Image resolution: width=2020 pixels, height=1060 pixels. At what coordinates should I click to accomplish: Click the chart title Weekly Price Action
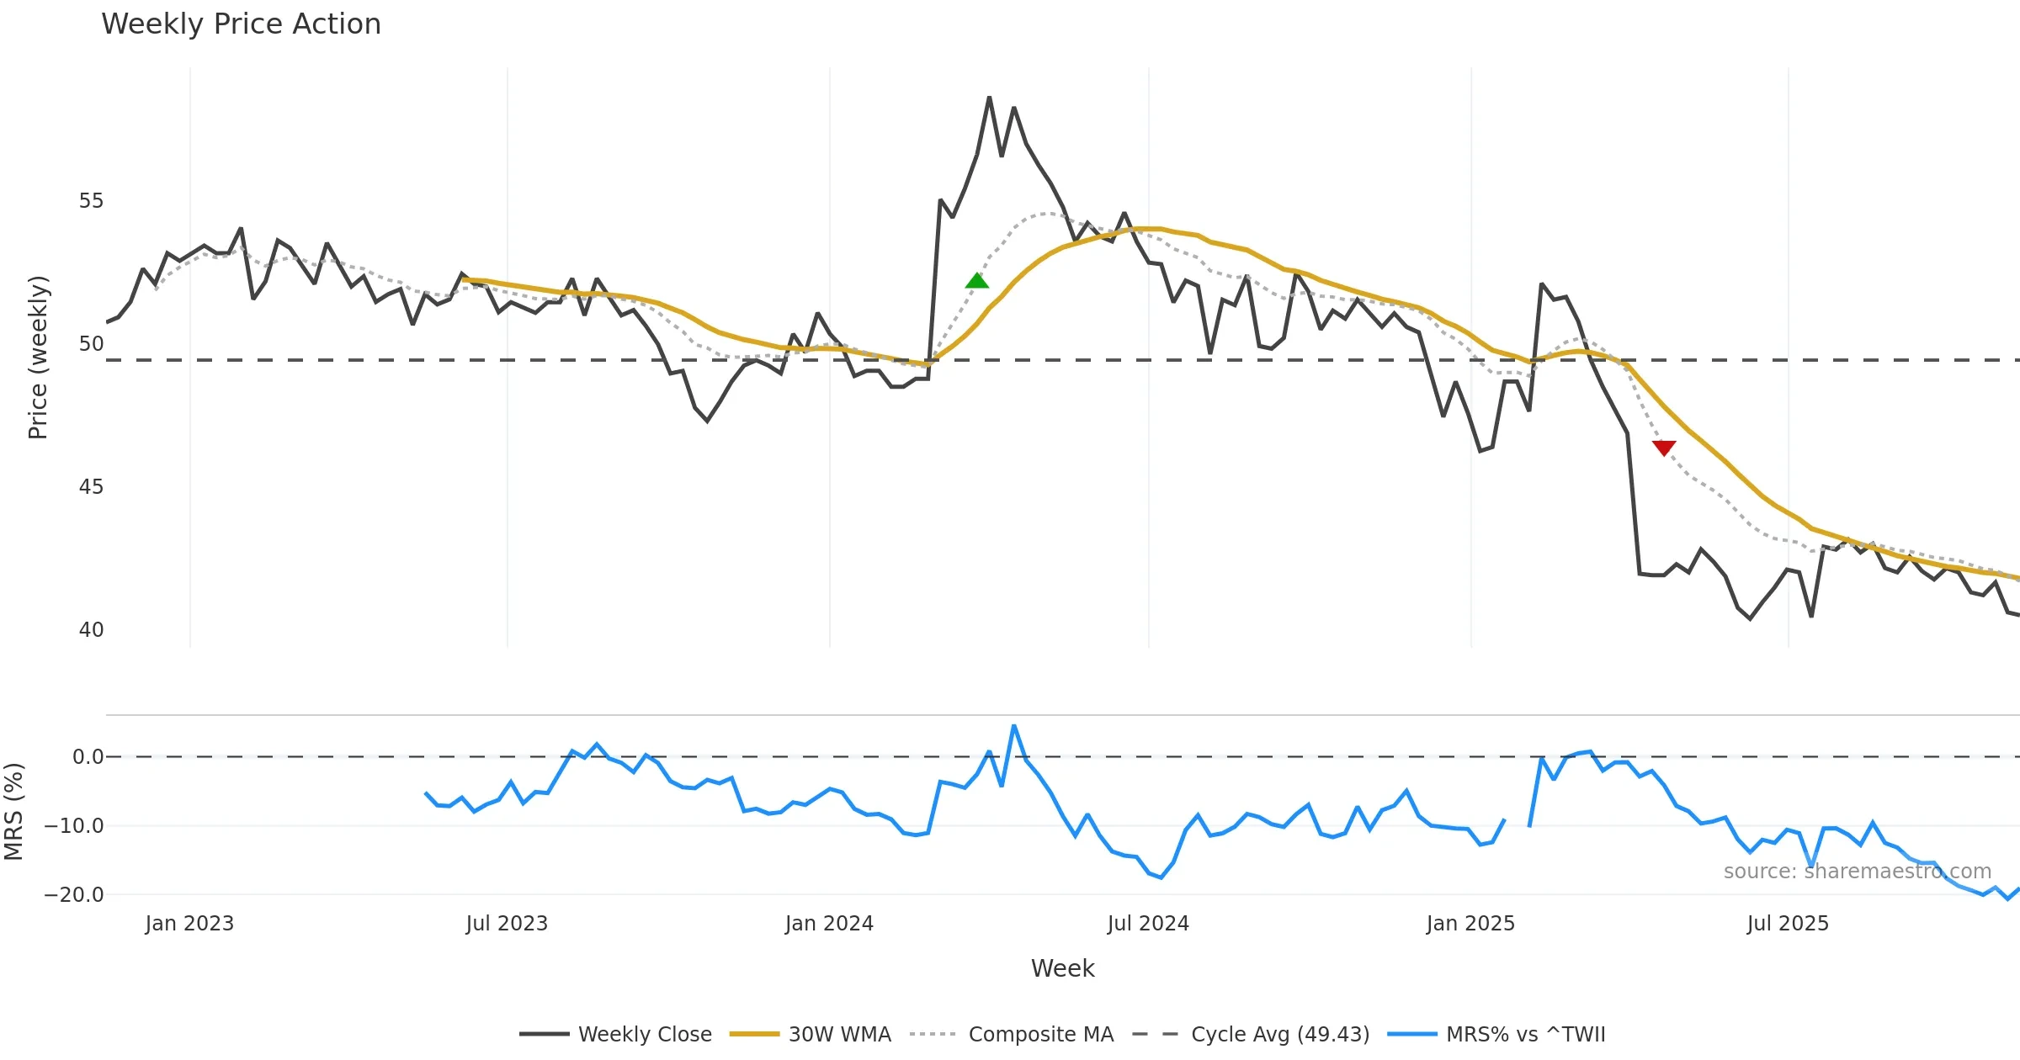pos(241,24)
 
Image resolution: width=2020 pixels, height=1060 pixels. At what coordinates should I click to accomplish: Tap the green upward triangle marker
pos(976,281)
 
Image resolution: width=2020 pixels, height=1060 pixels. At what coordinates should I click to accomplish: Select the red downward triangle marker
pos(1663,448)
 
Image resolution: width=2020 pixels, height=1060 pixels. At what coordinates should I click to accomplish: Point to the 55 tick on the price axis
pos(91,201)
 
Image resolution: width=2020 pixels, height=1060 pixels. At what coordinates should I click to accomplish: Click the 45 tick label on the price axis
pos(91,487)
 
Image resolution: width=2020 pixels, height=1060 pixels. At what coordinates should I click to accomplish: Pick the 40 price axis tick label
pos(91,630)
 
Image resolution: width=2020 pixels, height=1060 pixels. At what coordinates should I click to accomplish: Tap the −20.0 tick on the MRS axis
pos(74,894)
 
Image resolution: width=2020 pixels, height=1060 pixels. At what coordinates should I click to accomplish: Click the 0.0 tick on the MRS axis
pos(88,757)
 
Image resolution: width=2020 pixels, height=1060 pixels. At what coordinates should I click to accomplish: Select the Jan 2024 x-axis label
pos(829,924)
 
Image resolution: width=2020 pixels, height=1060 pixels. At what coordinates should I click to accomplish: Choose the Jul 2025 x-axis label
pos(1788,924)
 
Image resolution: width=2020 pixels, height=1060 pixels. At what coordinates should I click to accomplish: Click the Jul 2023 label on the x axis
pos(507,924)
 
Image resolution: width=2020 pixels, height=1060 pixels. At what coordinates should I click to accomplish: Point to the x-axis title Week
pos(1062,968)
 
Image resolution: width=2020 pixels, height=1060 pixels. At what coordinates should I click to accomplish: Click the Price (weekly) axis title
pos(39,358)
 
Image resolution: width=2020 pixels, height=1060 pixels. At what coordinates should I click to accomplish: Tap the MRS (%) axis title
pos(13,812)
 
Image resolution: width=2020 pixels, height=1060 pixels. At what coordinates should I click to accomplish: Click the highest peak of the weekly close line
pos(989,98)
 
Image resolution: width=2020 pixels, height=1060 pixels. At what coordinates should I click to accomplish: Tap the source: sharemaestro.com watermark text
pos(1857,872)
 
